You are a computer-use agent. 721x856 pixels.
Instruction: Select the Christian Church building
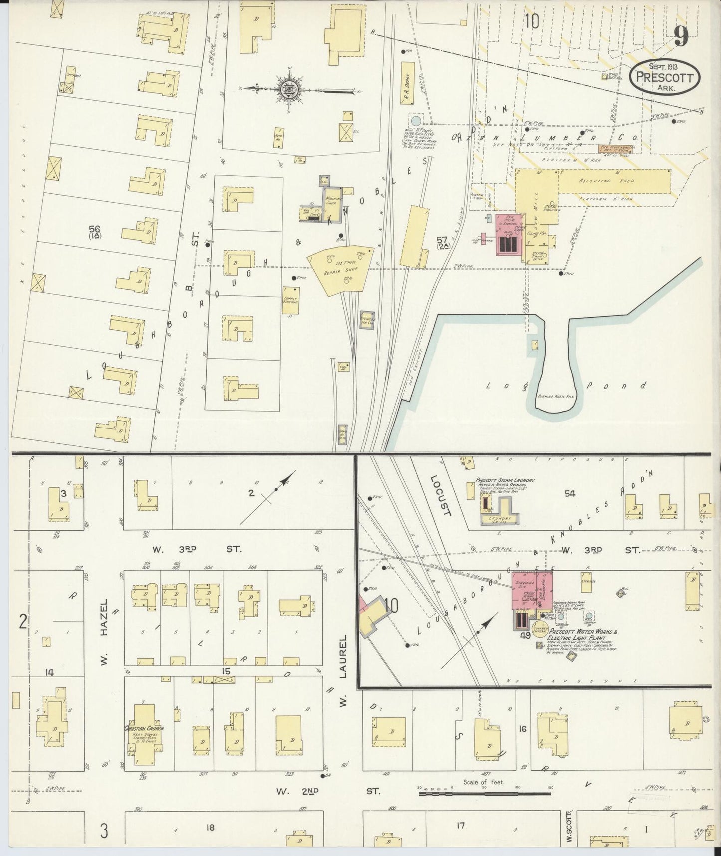tap(144, 733)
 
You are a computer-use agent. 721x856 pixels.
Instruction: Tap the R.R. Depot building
tap(407, 83)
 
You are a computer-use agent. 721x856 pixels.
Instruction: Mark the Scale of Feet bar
tap(484, 792)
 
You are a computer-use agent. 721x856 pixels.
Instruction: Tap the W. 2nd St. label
tap(329, 791)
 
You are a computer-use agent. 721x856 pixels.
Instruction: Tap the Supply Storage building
tap(289, 300)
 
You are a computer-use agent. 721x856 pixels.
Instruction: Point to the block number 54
tap(570, 493)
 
